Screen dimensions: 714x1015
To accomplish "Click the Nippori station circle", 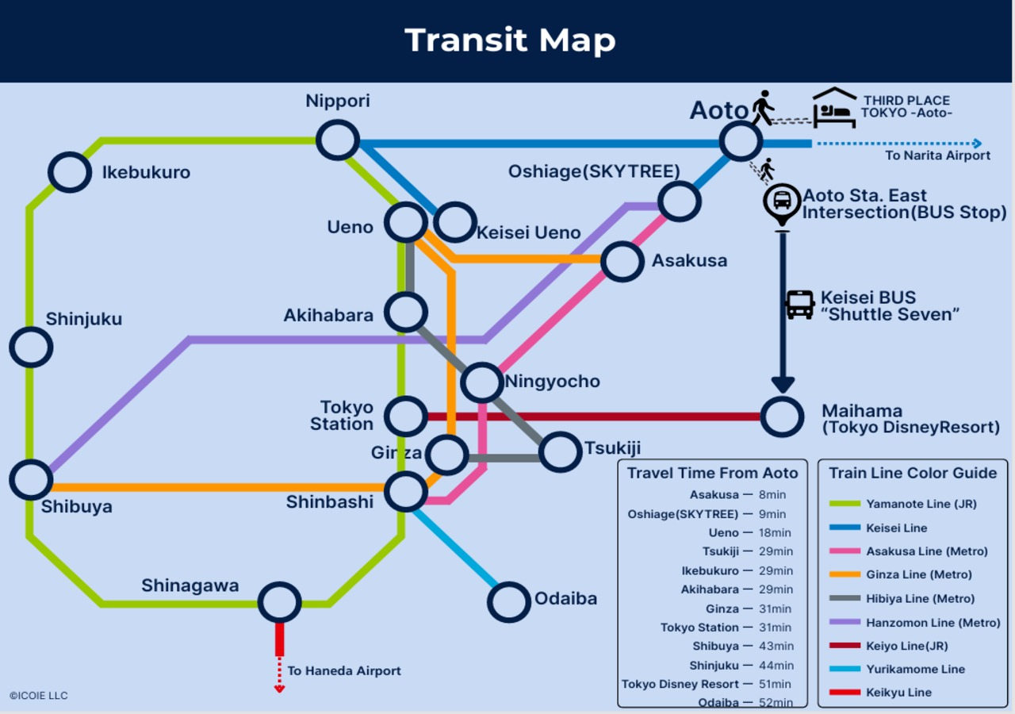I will (338, 140).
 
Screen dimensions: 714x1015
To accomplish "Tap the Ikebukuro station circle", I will (70, 172).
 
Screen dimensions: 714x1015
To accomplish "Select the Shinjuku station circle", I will (31, 347).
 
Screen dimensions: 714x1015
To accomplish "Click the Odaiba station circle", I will (508, 602).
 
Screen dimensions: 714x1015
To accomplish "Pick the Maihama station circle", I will (782, 416).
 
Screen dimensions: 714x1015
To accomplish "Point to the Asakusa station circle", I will (622, 262).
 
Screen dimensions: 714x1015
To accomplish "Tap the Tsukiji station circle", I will (560, 452).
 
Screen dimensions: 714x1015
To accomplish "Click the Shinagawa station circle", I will (279, 602).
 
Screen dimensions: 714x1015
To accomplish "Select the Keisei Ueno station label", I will (528, 233).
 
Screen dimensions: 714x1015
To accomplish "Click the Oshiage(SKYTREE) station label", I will (594, 171).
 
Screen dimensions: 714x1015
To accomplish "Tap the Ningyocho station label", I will (553, 382).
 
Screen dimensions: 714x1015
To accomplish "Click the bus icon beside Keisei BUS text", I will (799, 305).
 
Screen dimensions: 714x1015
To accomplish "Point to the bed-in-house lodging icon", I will (834, 108).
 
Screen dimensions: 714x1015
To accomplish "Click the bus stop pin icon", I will (782, 202).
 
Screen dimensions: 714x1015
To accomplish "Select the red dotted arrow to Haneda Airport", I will (279, 674).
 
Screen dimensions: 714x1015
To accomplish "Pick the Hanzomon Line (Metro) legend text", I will (933, 623).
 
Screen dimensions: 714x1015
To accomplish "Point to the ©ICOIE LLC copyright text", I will (39, 696).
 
